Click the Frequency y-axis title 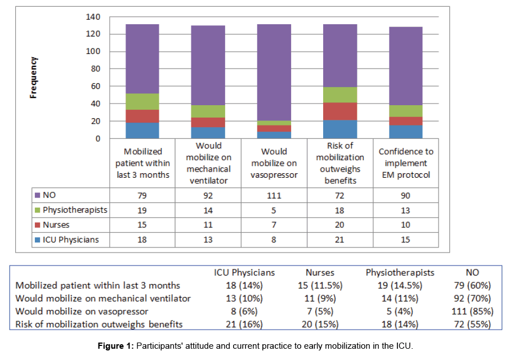tap(34, 78)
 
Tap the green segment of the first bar tap(142, 101)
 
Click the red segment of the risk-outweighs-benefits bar tap(339, 111)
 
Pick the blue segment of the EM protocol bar tap(405, 132)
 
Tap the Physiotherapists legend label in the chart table tap(74, 210)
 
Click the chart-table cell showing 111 tap(274, 196)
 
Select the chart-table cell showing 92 tap(208, 196)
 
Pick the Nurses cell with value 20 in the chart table tap(339, 225)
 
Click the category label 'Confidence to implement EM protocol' tap(405, 163)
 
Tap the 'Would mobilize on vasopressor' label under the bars tap(274, 163)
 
